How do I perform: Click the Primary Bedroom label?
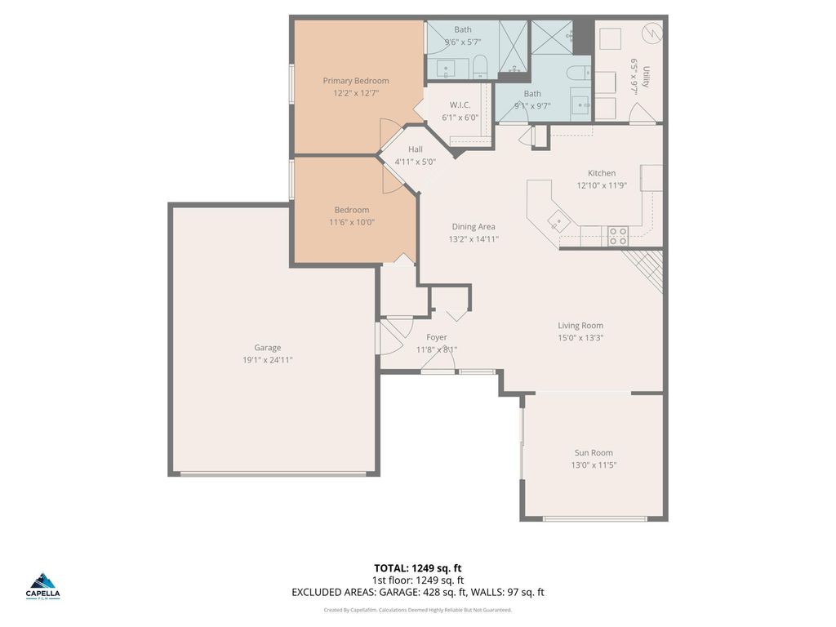(x=355, y=81)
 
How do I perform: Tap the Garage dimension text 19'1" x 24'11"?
(x=267, y=359)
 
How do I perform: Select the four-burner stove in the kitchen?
(x=618, y=236)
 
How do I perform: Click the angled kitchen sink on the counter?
(x=558, y=219)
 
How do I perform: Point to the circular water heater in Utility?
(x=652, y=33)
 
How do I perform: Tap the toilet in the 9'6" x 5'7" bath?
(x=480, y=64)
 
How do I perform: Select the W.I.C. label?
(x=460, y=105)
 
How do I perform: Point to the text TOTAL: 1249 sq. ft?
(x=417, y=568)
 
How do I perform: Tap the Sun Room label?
(x=594, y=453)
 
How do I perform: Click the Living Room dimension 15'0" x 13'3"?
(x=580, y=338)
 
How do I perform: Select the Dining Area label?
(x=474, y=227)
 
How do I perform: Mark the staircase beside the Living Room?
(x=644, y=268)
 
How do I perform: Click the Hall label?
(x=416, y=149)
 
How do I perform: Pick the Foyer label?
(x=437, y=337)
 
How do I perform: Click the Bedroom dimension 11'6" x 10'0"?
(x=352, y=222)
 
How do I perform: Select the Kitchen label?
(x=602, y=173)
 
